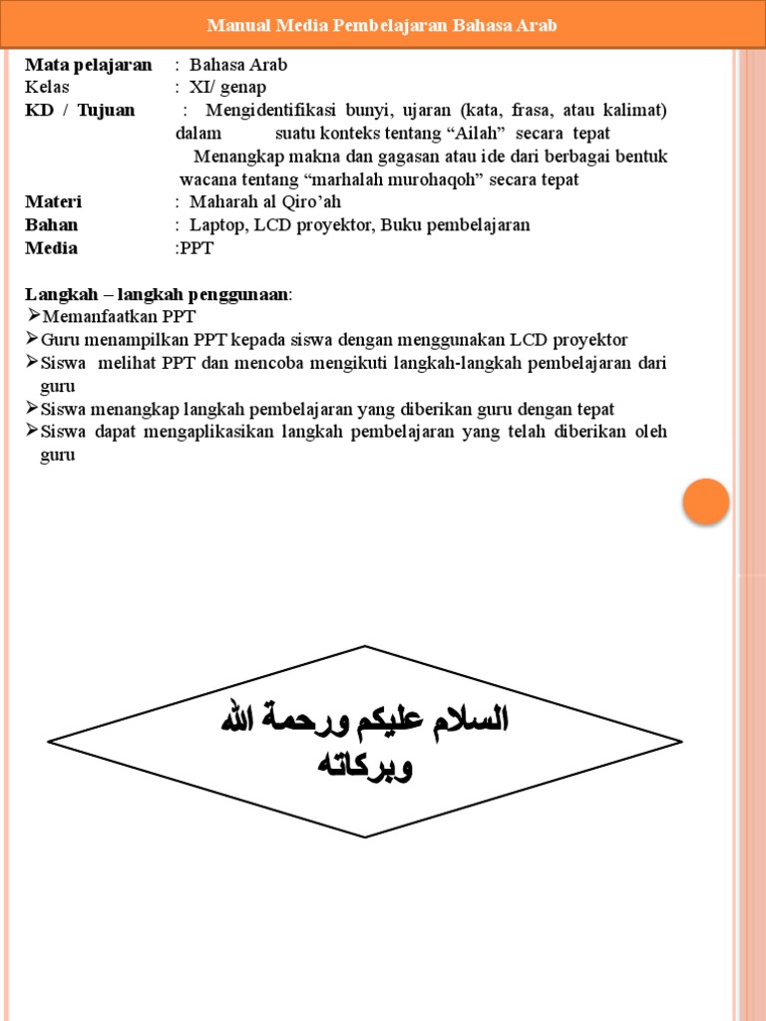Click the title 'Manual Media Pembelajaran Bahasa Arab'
(x=382, y=25)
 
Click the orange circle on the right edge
(x=706, y=502)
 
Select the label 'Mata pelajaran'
(x=89, y=65)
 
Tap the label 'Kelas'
(x=47, y=87)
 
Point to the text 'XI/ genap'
(x=227, y=87)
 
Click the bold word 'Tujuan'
(x=106, y=110)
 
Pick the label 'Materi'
(x=53, y=201)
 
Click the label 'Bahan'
(x=51, y=224)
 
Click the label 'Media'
(x=51, y=247)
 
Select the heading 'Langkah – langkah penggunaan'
(x=158, y=294)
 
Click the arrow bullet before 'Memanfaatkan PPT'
(x=32, y=316)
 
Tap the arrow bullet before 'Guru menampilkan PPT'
(x=32, y=339)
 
